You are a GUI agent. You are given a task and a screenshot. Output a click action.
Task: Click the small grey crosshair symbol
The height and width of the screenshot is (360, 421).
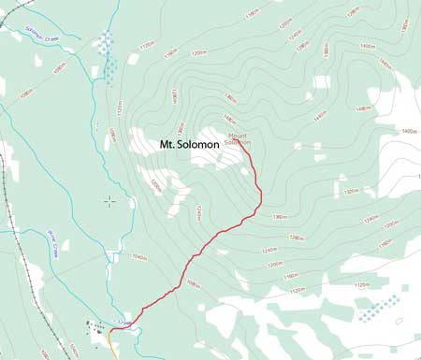110,199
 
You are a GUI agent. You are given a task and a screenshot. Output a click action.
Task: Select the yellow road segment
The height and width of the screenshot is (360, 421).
114,349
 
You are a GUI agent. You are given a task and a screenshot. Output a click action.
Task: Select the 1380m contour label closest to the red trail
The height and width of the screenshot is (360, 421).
278,217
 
